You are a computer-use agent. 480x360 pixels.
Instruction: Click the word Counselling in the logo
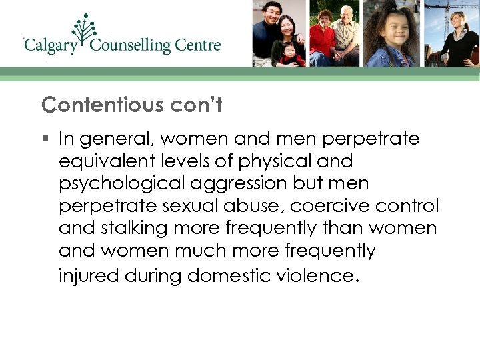pyautogui.click(x=130, y=46)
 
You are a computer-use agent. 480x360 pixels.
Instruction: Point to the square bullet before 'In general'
pyautogui.click(x=45, y=139)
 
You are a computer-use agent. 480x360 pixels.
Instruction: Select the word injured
pyautogui.click(x=87, y=274)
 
